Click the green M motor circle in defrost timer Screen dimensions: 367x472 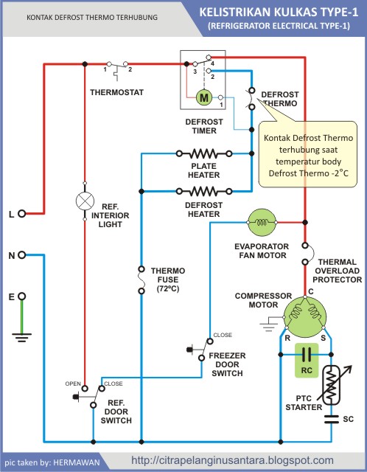(x=204, y=97)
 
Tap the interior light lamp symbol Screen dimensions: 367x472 (x=85, y=201)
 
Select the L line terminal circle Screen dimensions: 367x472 (x=21, y=213)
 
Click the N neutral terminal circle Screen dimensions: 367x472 (x=21, y=255)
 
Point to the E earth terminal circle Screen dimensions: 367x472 (x=21, y=296)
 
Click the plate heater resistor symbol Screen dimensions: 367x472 (x=204, y=153)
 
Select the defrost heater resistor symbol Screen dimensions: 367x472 (x=204, y=191)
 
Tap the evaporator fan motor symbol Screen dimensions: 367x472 (x=262, y=223)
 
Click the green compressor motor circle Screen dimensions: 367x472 (x=305, y=316)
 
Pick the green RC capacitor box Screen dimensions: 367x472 (x=307, y=361)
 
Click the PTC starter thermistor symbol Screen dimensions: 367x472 (x=331, y=385)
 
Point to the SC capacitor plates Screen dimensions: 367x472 (x=332, y=419)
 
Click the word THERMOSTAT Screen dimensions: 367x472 (x=116, y=92)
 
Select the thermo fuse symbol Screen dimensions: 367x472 (x=141, y=280)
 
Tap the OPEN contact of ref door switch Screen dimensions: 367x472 (x=85, y=389)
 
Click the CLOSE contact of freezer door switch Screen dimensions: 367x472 (x=210, y=341)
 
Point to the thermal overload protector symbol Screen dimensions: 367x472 (x=307, y=254)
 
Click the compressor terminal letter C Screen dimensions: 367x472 (x=311, y=291)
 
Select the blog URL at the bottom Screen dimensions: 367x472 (x=233, y=460)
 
